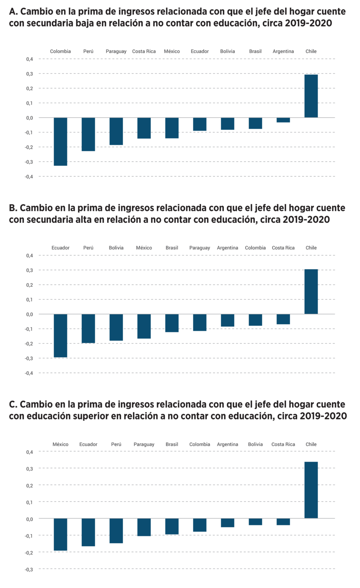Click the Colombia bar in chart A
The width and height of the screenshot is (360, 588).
pyautogui.click(x=60, y=142)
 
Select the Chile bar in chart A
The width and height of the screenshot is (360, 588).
pyautogui.click(x=311, y=96)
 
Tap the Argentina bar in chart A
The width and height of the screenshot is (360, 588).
pyautogui.click(x=283, y=120)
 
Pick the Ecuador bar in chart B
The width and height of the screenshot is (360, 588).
pyautogui.click(x=60, y=336)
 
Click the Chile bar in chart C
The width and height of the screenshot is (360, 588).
pyautogui.click(x=311, y=490)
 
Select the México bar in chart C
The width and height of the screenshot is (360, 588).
pyautogui.click(x=60, y=534)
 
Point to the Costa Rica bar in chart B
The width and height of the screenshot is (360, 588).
pyautogui.click(x=283, y=319)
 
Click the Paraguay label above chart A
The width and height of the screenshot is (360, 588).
pyautogui.click(x=116, y=51)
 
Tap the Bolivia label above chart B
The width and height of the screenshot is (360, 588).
pyautogui.click(x=116, y=248)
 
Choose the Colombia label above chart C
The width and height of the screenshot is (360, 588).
pyautogui.click(x=199, y=444)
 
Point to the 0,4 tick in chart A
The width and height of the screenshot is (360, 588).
pyautogui.click(x=29, y=59)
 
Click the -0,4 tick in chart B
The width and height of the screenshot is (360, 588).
pyautogui.click(x=29, y=373)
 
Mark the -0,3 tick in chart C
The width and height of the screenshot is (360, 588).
pyautogui.click(x=29, y=570)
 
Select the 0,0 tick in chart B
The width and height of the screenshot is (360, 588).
pyautogui.click(x=29, y=314)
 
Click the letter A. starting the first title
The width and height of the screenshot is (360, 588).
pyautogui.click(x=13, y=12)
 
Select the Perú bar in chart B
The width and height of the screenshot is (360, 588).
pyautogui.click(x=88, y=328)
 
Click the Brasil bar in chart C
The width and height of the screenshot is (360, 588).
pyautogui.click(x=172, y=526)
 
